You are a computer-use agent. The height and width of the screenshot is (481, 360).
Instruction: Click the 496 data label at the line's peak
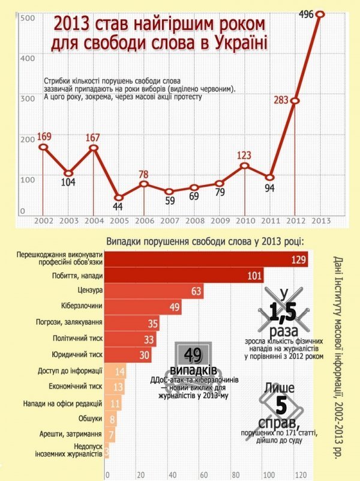click(x=306, y=14)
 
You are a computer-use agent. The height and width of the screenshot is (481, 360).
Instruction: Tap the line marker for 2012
click(x=295, y=100)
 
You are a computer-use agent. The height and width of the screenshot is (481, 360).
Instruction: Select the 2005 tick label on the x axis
click(x=119, y=220)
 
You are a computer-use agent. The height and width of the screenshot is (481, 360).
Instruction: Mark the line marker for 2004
click(x=94, y=148)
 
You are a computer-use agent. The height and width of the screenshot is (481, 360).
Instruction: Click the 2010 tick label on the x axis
click(x=245, y=220)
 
